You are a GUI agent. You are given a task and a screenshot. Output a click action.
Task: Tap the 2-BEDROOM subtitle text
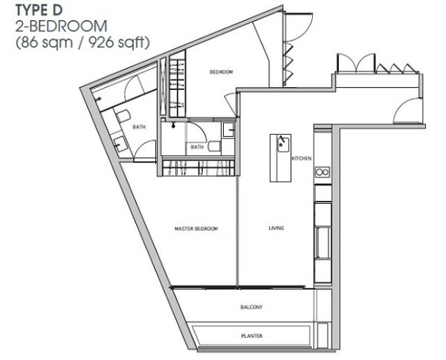click(x=62, y=26)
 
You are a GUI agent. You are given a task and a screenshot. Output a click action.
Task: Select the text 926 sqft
click(x=119, y=42)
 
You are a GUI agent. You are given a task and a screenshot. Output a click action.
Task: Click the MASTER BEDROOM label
click(x=196, y=228)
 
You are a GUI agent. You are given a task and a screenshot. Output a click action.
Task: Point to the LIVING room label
click(x=277, y=228)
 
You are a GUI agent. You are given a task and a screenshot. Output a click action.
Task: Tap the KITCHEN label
click(x=302, y=158)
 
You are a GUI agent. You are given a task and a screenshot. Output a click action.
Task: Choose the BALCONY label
click(x=251, y=307)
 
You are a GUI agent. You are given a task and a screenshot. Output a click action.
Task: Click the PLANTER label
click(x=252, y=335)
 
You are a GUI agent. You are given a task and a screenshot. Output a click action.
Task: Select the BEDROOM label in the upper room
click(x=222, y=72)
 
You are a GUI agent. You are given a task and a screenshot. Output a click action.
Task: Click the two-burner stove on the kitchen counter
click(x=323, y=172)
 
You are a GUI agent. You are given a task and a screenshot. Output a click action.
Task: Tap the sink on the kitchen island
click(x=282, y=144)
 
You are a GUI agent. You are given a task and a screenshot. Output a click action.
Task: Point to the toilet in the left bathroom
click(x=123, y=116)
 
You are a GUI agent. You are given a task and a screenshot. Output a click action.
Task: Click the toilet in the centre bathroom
click(x=215, y=147)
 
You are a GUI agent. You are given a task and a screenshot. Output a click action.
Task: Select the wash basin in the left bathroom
click(x=120, y=144)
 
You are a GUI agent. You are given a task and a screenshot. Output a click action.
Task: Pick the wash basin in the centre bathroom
click(x=228, y=129)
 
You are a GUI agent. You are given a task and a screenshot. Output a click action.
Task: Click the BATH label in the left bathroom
click(x=139, y=127)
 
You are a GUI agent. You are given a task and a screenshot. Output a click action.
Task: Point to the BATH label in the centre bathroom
click(x=197, y=147)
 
